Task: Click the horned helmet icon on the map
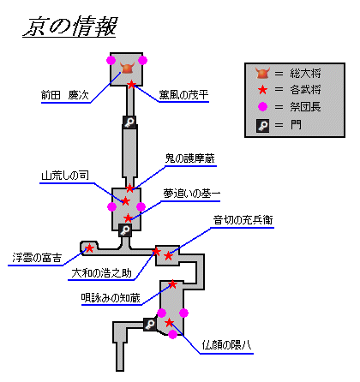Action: click(x=128, y=69)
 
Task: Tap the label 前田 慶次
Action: click(x=65, y=95)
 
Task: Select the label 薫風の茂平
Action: click(x=183, y=94)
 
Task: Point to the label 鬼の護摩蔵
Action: click(x=190, y=158)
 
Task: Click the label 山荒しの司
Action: click(x=65, y=176)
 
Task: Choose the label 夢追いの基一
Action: click(x=192, y=194)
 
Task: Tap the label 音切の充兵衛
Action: click(x=243, y=220)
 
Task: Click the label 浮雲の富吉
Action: click(x=37, y=258)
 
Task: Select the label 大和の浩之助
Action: click(x=101, y=273)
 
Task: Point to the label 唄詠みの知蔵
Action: click(x=111, y=298)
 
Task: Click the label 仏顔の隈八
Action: click(x=226, y=345)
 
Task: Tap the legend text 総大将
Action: click(x=305, y=74)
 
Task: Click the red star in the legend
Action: click(x=262, y=90)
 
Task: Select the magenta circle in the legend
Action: click(x=262, y=107)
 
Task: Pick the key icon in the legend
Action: click(x=262, y=126)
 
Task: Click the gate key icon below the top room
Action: click(x=129, y=122)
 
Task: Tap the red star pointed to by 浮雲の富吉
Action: click(x=89, y=248)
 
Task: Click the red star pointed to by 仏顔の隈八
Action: click(x=169, y=323)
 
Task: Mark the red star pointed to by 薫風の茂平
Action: click(x=131, y=85)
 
